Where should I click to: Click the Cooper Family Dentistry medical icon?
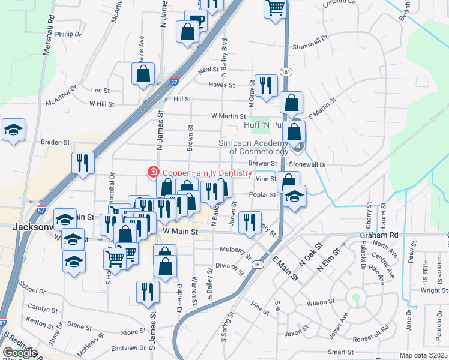(153, 173)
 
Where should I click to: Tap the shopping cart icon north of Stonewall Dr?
(275, 8)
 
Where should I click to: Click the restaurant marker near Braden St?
(83, 163)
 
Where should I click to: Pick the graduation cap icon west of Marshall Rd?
(13, 130)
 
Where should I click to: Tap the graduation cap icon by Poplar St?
(294, 196)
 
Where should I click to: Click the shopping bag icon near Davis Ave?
(144, 74)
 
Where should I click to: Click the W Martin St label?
(228, 116)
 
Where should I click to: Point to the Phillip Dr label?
(68, 34)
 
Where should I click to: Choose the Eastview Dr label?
(127, 347)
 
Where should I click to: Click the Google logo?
(20, 353)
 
